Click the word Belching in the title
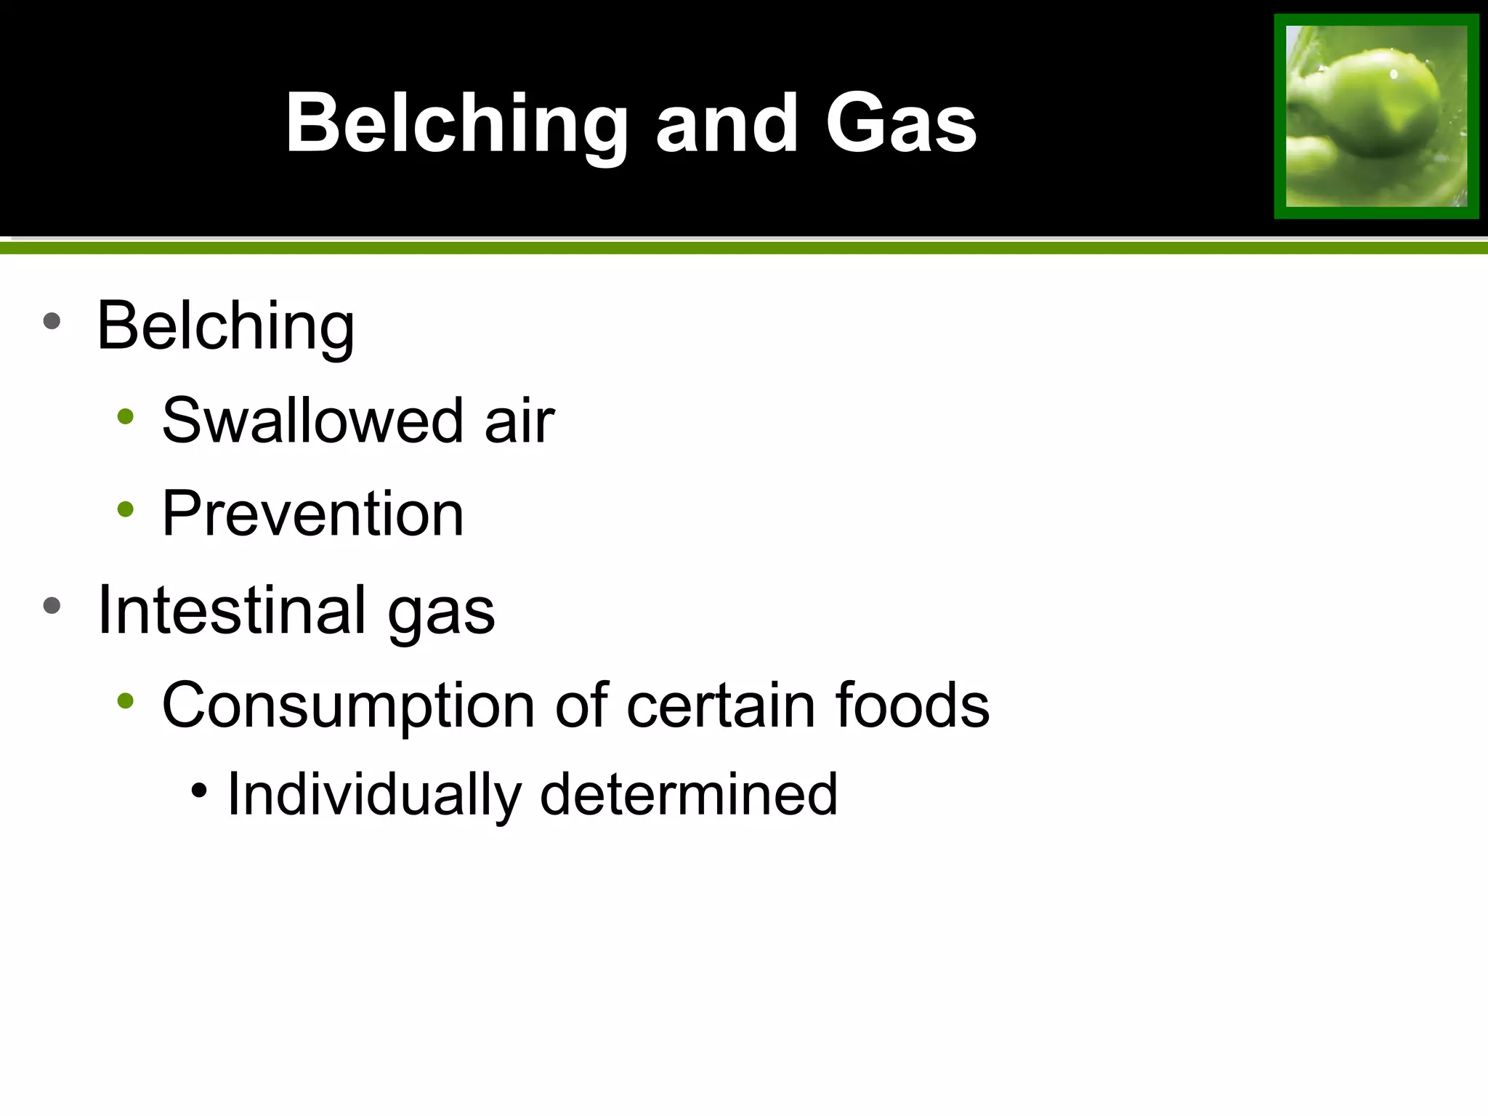tap(456, 124)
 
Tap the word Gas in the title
tap(901, 124)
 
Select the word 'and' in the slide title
tap(727, 124)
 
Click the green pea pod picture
tap(1376, 116)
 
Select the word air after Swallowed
tap(519, 421)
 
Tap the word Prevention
tap(312, 514)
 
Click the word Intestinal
tap(232, 610)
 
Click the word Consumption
tap(348, 706)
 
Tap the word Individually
tap(373, 795)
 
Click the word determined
tap(689, 793)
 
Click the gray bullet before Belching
tap(52, 321)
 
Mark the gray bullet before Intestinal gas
tap(52, 605)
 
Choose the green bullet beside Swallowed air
tap(126, 416)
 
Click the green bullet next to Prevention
tap(126, 509)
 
